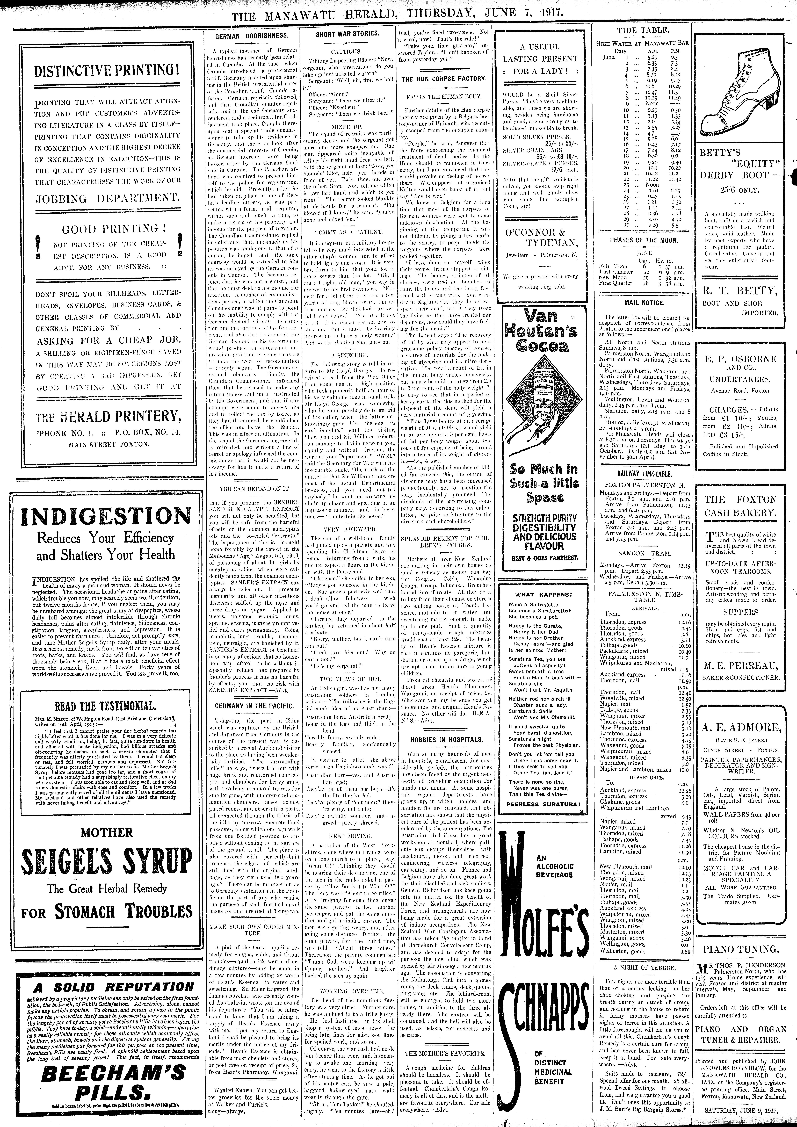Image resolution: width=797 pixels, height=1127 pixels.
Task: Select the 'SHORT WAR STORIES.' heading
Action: [x=347, y=34]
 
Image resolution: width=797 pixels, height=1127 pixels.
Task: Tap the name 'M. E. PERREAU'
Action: [x=741, y=666]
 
